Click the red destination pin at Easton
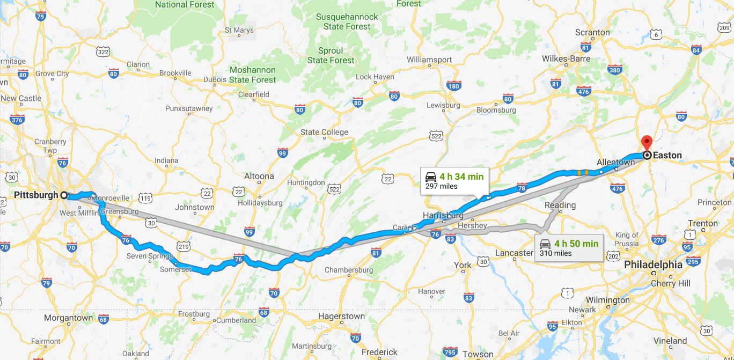647,143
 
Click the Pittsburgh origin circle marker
64,195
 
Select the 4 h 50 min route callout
569,248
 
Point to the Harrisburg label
443,215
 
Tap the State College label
324,132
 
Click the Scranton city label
592,32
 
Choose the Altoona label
259,176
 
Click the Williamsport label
429,59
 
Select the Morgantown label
68,318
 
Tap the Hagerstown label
341,316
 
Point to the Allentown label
615,162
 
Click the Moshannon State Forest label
253,75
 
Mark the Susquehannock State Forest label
347,21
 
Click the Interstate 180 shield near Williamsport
454,86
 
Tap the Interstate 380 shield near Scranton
615,70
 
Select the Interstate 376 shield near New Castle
17,120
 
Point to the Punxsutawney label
189,108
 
